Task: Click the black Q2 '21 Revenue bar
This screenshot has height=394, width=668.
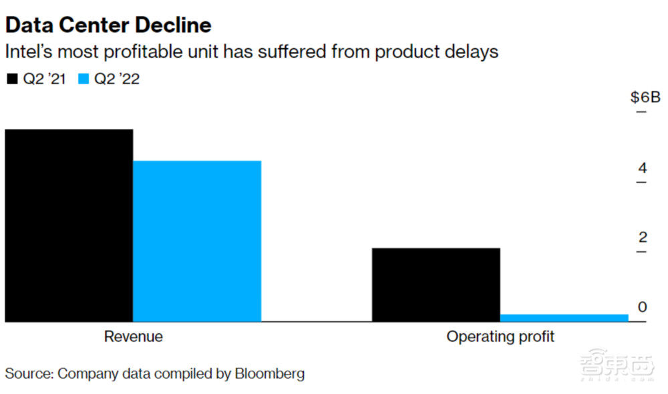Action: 69,225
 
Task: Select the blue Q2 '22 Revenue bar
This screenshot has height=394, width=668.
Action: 197,241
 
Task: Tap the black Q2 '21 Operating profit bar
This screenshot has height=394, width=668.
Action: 436,284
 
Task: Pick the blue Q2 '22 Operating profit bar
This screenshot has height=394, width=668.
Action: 564,318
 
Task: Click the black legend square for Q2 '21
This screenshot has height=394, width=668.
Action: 12,79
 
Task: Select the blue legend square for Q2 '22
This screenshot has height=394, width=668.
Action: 84,79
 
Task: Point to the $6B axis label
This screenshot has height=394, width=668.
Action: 645,97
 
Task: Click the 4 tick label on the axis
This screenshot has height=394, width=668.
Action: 643,168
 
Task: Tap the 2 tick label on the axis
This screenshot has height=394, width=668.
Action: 643,237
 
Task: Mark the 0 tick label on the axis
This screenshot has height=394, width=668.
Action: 643,307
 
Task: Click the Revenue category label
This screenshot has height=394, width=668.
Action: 133,336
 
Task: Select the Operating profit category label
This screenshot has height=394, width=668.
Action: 500,336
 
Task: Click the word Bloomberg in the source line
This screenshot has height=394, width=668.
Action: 269,373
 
